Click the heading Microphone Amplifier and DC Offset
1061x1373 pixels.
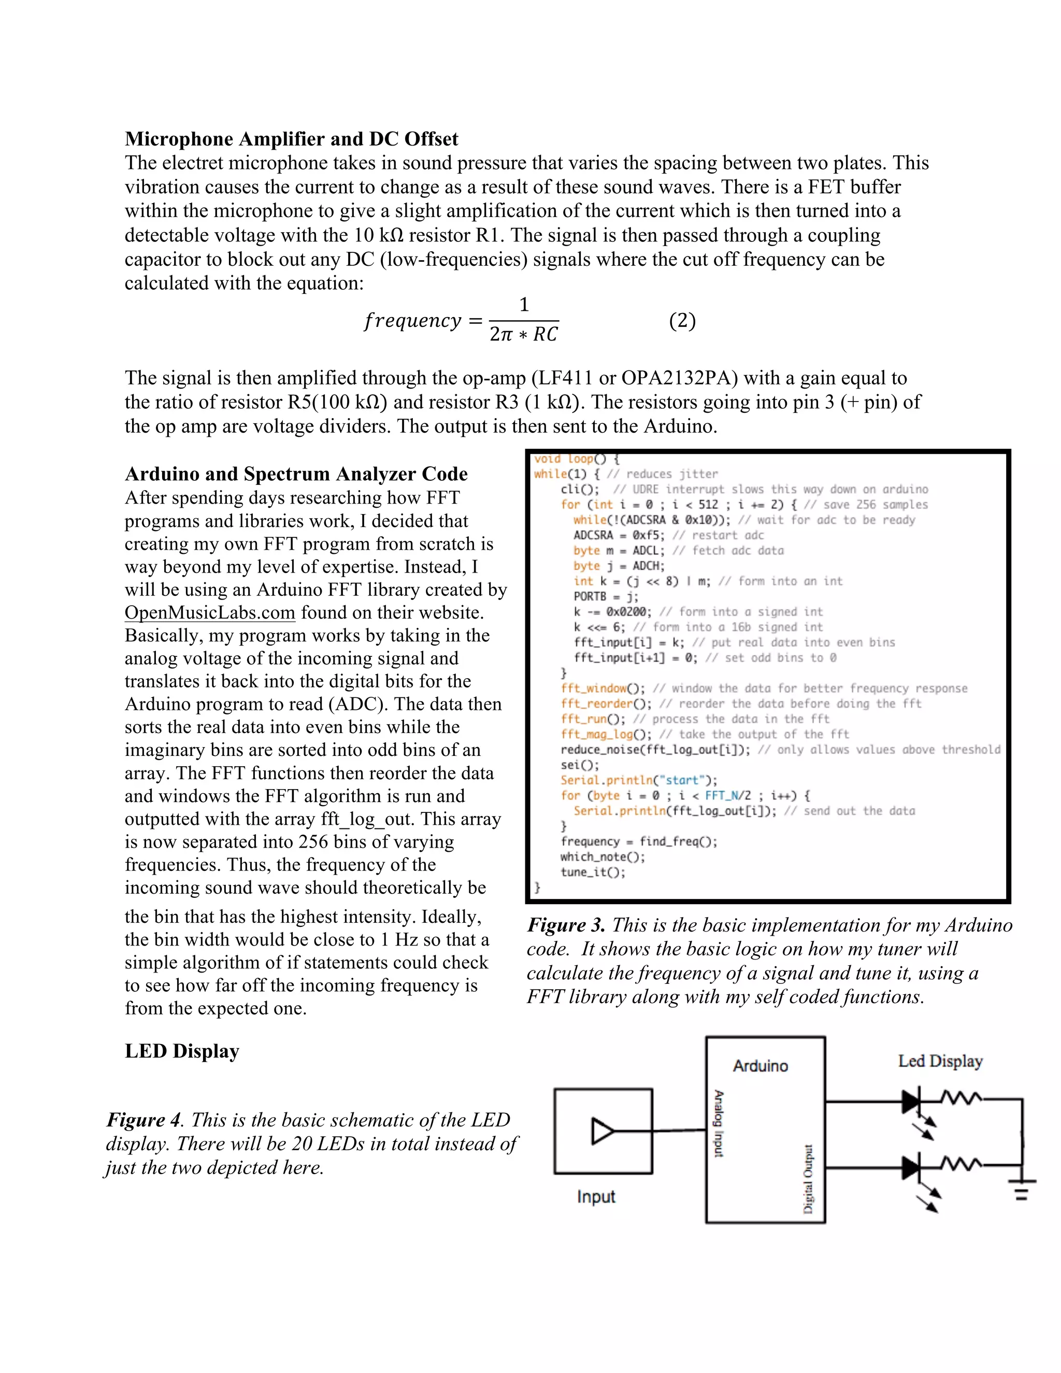291,139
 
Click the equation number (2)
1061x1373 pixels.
682,321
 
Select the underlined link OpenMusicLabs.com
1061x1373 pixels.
209,612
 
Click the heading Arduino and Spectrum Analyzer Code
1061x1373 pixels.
296,474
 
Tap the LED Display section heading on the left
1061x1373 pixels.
182,1051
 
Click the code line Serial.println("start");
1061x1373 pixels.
639,780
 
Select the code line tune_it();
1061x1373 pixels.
593,872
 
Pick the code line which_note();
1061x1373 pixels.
602,857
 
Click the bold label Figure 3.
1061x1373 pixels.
566,925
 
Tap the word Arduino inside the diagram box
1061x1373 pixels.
760,1066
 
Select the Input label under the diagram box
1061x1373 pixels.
596,1196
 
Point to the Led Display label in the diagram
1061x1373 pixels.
940,1061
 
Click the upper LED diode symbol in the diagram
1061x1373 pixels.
911,1102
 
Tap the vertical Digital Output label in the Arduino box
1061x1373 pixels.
809,1179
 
